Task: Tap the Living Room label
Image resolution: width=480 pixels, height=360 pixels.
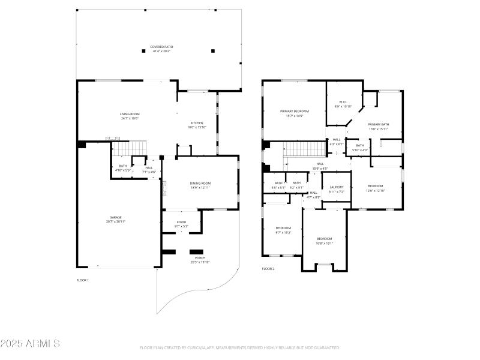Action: (x=130, y=116)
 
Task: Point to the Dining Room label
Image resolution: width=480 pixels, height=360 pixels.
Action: (x=201, y=185)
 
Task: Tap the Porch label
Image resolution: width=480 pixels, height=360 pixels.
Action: (x=200, y=260)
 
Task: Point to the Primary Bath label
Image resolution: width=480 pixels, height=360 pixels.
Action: (x=378, y=126)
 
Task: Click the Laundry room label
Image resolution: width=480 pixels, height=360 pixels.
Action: (x=337, y=189)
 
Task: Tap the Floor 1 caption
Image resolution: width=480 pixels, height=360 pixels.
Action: (x=82, y=280)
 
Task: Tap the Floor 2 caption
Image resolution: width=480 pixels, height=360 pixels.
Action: (x=268, y=269)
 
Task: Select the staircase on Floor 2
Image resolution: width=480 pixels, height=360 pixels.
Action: (x=304, y=148)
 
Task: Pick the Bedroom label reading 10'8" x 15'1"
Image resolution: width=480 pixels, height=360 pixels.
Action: (x=324, y=241)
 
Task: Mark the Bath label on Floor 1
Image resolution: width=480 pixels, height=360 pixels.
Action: (x=123, y=168)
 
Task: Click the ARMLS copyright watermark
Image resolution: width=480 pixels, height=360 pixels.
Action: (x=30, y=344)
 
